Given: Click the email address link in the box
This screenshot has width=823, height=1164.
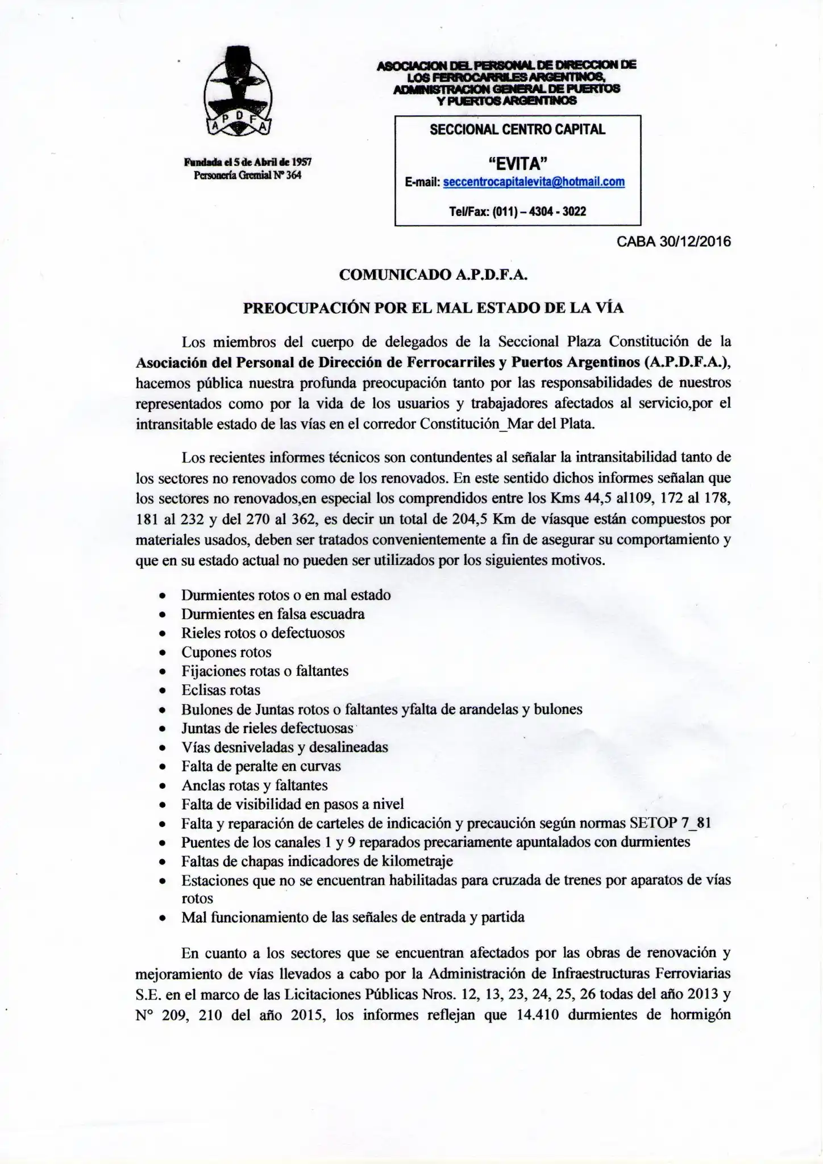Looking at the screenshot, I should [x=533, y=182].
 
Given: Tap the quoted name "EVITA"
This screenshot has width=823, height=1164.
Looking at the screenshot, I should [x=517, y=164].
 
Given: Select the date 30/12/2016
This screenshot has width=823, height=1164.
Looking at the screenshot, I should [x=695, y=242].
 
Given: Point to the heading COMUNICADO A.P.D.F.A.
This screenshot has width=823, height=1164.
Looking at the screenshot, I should [x=433, y=275].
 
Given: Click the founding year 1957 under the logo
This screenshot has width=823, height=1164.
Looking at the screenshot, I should [x=300, y=163].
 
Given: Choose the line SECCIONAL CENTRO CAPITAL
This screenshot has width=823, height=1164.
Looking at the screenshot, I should [x=517, y=130].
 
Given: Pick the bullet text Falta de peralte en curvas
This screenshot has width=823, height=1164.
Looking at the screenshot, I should [x=261, y=766].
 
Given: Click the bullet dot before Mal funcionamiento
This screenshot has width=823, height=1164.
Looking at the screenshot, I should [x=163, y=918].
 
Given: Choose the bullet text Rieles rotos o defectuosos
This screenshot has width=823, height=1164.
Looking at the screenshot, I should [x=263, y=633].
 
